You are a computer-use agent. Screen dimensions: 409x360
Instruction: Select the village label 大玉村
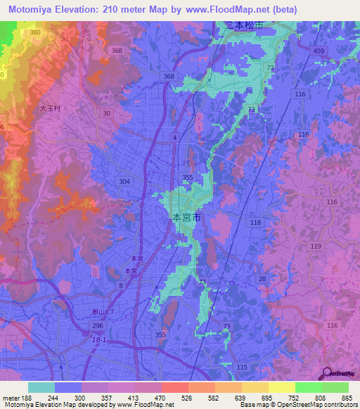point(50,109)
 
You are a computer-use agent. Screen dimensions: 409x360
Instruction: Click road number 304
point(124,181)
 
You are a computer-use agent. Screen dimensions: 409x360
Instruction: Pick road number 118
point(255,222)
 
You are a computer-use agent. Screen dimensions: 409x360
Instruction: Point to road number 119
point(315,246)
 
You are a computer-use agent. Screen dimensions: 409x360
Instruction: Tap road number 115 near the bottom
point(242,368)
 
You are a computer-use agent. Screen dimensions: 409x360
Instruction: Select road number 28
point(262,280)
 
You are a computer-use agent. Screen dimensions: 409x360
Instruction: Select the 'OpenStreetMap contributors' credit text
point(316,405)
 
